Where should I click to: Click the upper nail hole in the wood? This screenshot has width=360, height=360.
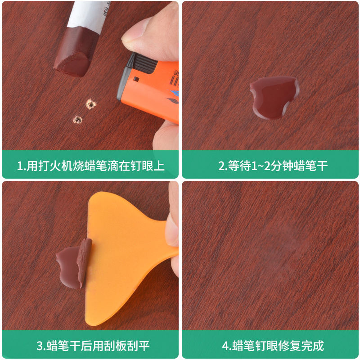pos(91,104)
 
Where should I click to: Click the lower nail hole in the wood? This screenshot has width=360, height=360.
pos(77,120)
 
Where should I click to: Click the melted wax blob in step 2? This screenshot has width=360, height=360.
pos(274,98)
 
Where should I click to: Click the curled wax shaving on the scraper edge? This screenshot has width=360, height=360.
pos(84,262)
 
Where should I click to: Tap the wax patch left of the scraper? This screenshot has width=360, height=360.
pos(68,266)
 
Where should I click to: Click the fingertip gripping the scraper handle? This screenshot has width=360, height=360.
pos(173,229)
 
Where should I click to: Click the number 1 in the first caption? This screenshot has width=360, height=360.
pos(20,166)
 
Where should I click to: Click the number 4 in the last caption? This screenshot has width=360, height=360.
pos(225,346)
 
